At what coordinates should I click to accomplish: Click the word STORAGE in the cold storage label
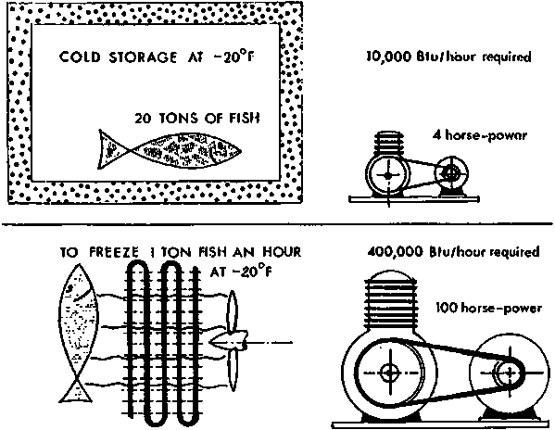[x=143, y=57]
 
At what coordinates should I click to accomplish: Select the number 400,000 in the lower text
[x=396, y=252]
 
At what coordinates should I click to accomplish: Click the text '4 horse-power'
[x=480, y=135]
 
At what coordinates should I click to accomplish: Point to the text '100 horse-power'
[x=488, y=308]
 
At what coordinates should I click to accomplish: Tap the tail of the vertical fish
[x=77, y=390]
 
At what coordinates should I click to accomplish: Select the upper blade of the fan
[x=232, y=311]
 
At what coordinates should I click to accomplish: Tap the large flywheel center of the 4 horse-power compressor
[x=388, y=174]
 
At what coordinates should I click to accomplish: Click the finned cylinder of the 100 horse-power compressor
[x=390, y=301]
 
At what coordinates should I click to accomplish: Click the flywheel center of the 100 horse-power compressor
[x=390, y=373]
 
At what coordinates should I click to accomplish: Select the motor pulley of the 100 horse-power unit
[x=510, y=373]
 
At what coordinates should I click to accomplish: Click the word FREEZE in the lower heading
[x=114, y=252]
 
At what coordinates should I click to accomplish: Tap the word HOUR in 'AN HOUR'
[x=282, y=252]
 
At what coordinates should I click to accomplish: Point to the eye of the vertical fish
[x=70, y=287]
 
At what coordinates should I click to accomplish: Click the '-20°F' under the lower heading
[x=242, y=272]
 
